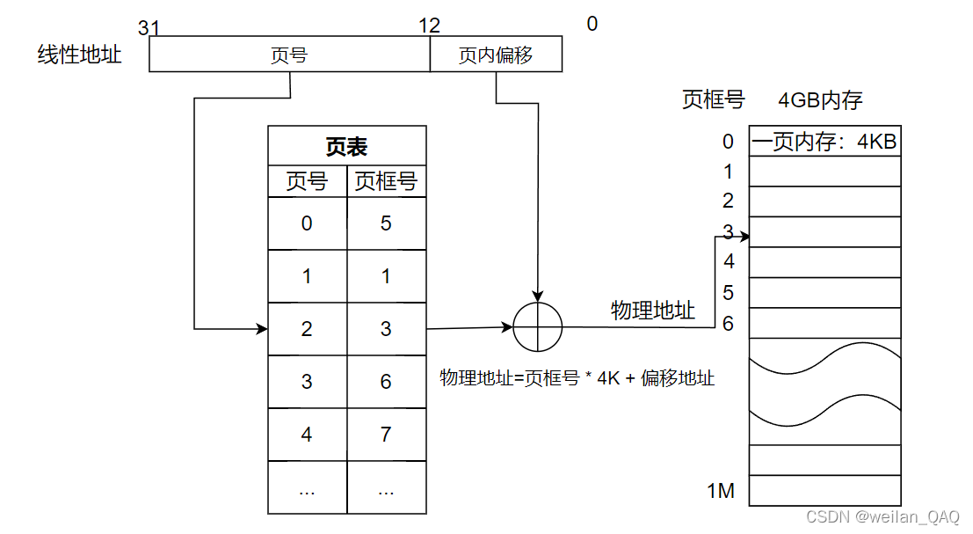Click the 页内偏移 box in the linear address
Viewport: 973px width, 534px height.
coord(496,56)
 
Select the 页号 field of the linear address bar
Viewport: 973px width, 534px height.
coord(289,56)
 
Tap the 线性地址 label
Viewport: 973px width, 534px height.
coord(79,55)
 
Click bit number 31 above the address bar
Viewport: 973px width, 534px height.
coord(149,28)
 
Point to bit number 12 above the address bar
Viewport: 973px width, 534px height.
coord(430,26)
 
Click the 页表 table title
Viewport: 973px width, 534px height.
coord(347,147)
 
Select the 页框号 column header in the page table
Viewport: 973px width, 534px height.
coord(386,182)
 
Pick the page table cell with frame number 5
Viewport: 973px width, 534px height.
coord(386,223)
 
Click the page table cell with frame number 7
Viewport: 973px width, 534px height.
coord(386,435)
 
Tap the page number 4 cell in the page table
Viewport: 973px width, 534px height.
coord(307,435)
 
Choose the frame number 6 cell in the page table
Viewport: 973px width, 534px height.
coord(386,382)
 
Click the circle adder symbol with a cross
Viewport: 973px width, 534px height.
coord(536,327)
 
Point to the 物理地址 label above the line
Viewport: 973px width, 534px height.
coord(653,310)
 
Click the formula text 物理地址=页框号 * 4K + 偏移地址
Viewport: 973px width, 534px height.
coord(577,378)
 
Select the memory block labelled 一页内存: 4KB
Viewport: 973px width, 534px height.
coord(824,142)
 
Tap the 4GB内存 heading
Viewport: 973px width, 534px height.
coord(820,100)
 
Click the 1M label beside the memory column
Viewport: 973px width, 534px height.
coord(721,491)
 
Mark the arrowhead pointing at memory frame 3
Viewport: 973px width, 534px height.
coord(745,236)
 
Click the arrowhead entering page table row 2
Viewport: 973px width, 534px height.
coord(263,329)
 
